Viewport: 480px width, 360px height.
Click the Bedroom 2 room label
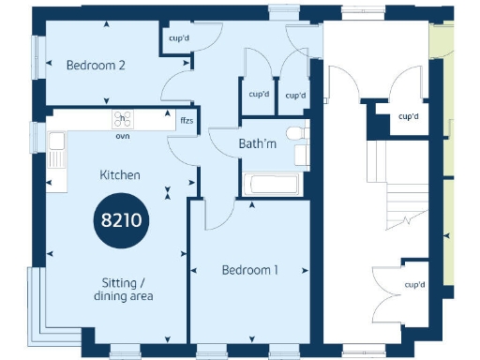pyautogui.click(x=96, y=66)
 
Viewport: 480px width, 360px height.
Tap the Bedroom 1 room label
pyautogui.click(x=250, y=270)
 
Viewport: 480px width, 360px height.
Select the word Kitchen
pyautogui.click(x=121, y=174)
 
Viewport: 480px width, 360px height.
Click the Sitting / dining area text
pyautogui.click(x=124, y=289)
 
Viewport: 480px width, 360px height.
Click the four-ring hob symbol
pyautogui.click(x=123, y=119)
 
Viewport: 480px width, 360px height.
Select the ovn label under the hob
pyautogui.click(x=122, y=136)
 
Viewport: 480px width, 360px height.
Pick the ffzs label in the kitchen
pyautogui.click(x=187, y=120)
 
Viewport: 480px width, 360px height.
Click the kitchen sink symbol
pyautogui.click(x=57, y=142)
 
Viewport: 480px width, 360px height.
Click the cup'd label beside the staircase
pyautogui.click(x=408, y=117)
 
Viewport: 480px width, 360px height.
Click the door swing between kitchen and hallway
pyautogui.click(x=183, y=148)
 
